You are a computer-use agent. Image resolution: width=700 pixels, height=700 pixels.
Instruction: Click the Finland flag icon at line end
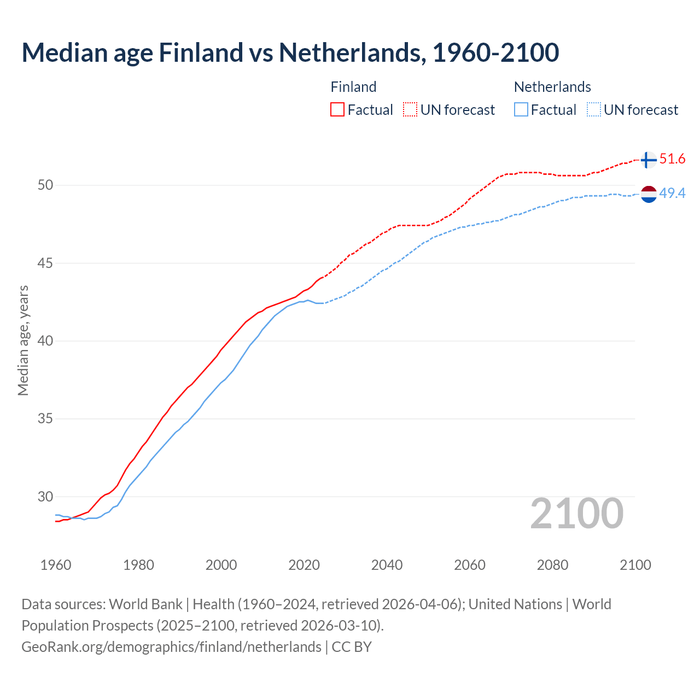click(649, 160)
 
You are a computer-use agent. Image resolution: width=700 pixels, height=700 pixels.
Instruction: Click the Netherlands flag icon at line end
click(649, 194)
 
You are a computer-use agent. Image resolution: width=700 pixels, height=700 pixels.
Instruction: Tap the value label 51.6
click(672, 159)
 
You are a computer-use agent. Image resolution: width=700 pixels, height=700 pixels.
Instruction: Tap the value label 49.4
click(672, 193)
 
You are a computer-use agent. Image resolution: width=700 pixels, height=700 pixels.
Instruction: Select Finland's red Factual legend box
click(337, 109)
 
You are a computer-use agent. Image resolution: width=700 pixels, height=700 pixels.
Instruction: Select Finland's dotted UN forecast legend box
click(410, 109)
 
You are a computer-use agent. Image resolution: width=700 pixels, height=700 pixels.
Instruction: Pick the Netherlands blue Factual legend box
click(521, 109)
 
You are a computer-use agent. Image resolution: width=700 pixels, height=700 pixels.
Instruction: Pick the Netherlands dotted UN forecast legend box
click(593, 109)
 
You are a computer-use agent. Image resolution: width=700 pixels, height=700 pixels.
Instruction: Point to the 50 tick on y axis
click(45, 185)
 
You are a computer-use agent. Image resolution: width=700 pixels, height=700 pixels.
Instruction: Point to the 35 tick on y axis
click(45, 419)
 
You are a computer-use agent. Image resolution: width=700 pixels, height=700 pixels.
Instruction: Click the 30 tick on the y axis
click(45, 497)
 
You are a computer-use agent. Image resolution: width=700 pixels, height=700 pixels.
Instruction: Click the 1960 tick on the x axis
click(56, 565)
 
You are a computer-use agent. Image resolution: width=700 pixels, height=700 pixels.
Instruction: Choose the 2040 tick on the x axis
click(387, 565)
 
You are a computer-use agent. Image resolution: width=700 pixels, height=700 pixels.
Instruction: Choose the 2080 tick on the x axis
click(552, 565)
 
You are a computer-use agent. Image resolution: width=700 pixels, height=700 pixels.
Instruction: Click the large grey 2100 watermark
click(576, 513)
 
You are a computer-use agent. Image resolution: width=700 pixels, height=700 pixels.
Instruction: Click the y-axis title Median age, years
click(23, 340)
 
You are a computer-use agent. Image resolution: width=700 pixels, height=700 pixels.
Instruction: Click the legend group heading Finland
click(353, 87)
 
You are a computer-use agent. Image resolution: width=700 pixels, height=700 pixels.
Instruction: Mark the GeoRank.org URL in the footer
click(171, 646)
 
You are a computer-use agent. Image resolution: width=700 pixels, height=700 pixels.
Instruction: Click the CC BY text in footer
click(352, 646)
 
